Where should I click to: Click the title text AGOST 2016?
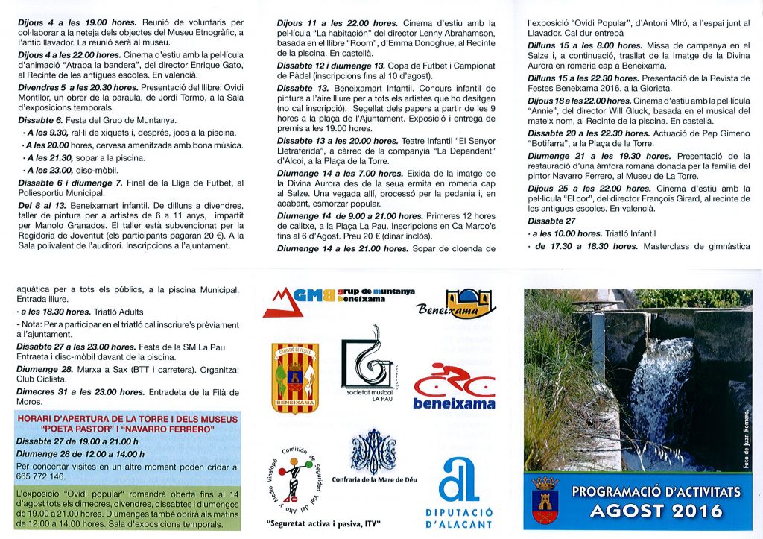point(656,510)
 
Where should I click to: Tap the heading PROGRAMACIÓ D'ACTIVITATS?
point(656,491)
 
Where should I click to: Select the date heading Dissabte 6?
point(42,120)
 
